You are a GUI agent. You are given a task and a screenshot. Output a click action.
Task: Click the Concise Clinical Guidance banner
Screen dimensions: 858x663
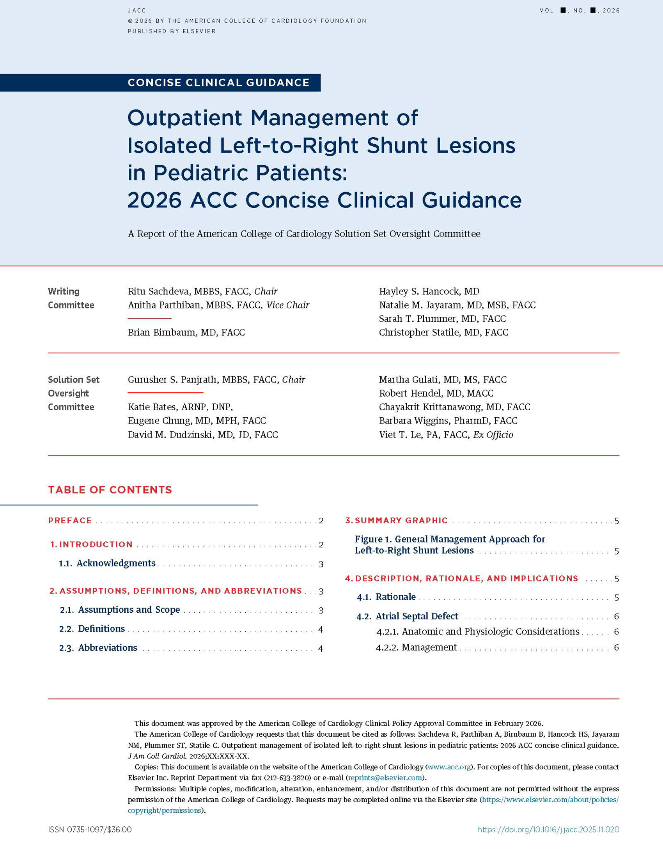click(x=218, y=83)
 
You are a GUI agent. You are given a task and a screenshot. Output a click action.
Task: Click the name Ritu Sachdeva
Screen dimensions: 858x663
click(x=159, y=291)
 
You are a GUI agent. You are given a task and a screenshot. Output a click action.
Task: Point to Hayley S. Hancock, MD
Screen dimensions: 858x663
click(x=429, y=291)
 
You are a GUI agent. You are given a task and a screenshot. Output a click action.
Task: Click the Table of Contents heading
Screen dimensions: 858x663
click(x=110, y=490)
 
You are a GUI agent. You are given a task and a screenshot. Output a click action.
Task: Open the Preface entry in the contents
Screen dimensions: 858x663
click(x=70, y=521)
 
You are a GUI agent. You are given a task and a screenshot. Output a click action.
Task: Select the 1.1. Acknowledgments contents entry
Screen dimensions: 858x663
click(x=116, y=564)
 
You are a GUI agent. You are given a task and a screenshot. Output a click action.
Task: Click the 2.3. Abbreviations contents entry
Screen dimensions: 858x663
click(x=107, y=648)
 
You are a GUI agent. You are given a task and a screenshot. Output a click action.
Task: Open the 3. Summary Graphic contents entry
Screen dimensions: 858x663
click(x=401, y=521)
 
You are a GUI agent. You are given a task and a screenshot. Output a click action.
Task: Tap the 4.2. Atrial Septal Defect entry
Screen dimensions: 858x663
click(x=417, y=616)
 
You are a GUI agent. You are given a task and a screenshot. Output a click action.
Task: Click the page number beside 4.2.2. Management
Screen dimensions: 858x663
click(x=616, y=647)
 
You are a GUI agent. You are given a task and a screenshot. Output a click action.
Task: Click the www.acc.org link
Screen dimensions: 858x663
click(x=448, y=767)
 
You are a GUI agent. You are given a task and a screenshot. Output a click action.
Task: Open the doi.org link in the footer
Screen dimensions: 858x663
click(x=548, y=830)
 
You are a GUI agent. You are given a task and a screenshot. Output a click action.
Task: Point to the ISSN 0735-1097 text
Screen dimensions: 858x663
click(x=90, y=830)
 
